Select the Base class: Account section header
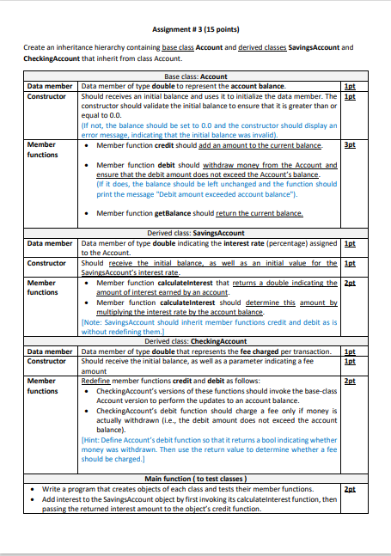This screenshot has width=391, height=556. [x=195, y=76]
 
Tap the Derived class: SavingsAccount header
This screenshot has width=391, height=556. [x=195, y=233]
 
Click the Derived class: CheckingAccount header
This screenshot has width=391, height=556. [x=195, y=342]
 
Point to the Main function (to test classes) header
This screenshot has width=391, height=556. [x=195, y=478]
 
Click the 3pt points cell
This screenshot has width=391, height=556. [x=349, y=145]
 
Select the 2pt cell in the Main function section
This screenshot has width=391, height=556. [x=349, y=487]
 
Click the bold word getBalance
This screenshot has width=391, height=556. [x=174, y=213]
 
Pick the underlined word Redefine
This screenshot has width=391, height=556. [x=95, y=379]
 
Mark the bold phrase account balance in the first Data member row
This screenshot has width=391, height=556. [x=258, y=86]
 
